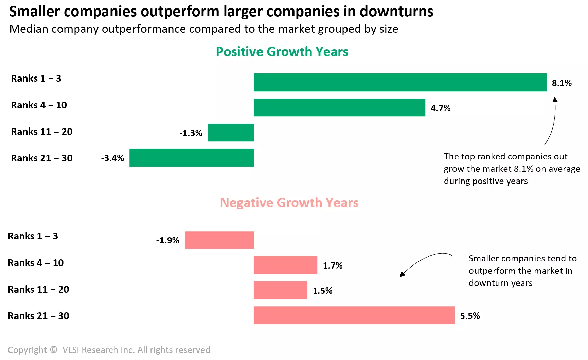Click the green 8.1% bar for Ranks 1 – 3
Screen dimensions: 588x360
[400, 82]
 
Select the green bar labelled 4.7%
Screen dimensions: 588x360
[339, 107]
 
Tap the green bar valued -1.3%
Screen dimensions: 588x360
[231, 133]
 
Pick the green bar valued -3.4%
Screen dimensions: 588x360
[192, 158]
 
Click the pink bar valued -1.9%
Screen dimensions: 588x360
[219, 240]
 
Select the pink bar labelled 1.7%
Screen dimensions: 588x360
[285, 265]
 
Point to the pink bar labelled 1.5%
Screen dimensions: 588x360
[280, 290]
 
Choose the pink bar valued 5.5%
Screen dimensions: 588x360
[354, 315]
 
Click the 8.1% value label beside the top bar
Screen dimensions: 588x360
[562, 83]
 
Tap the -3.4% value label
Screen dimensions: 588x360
[112, 158]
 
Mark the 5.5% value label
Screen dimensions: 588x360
[470, 316]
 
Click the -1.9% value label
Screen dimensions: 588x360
[167, 240]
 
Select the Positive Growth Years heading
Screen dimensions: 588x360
[282, 52]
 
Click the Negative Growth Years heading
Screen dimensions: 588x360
[289, 203]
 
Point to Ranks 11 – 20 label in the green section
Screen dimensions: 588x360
[42, 132]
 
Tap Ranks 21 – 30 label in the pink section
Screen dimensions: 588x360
[38, 316]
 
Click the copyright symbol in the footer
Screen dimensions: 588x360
[53, 349]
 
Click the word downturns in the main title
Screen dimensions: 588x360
[396, 12]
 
